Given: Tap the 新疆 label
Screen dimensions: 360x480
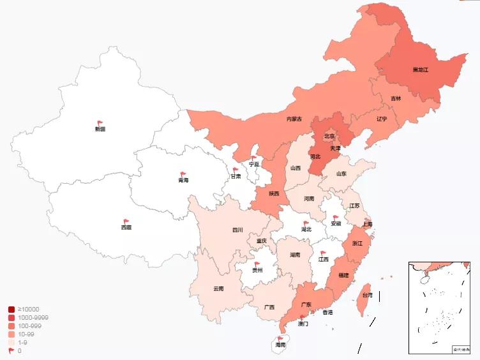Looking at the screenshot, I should [100, 129].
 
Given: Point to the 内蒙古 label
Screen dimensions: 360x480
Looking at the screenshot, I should [294, 119].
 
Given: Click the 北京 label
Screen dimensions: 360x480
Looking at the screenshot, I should [329, 136].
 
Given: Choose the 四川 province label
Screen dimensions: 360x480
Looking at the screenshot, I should [237, 230].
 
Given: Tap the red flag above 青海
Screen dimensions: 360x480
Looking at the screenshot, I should [183, 174].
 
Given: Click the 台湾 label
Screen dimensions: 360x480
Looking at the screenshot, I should [367, 295].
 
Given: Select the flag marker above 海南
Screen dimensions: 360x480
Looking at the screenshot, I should [280, 338].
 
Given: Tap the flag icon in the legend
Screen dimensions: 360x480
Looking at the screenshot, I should [11, 350].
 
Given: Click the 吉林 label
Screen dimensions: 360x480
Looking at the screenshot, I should [396, 98].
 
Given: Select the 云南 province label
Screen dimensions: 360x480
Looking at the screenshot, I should [218, 289].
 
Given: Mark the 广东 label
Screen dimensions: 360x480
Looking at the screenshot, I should [306, 304].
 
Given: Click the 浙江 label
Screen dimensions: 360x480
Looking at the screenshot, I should [357, 243].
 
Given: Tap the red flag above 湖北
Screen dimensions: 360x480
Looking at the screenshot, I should [306, 223].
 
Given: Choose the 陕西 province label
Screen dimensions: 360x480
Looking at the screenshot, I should [274, 193].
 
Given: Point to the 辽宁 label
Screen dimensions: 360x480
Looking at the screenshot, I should [382, 119].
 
